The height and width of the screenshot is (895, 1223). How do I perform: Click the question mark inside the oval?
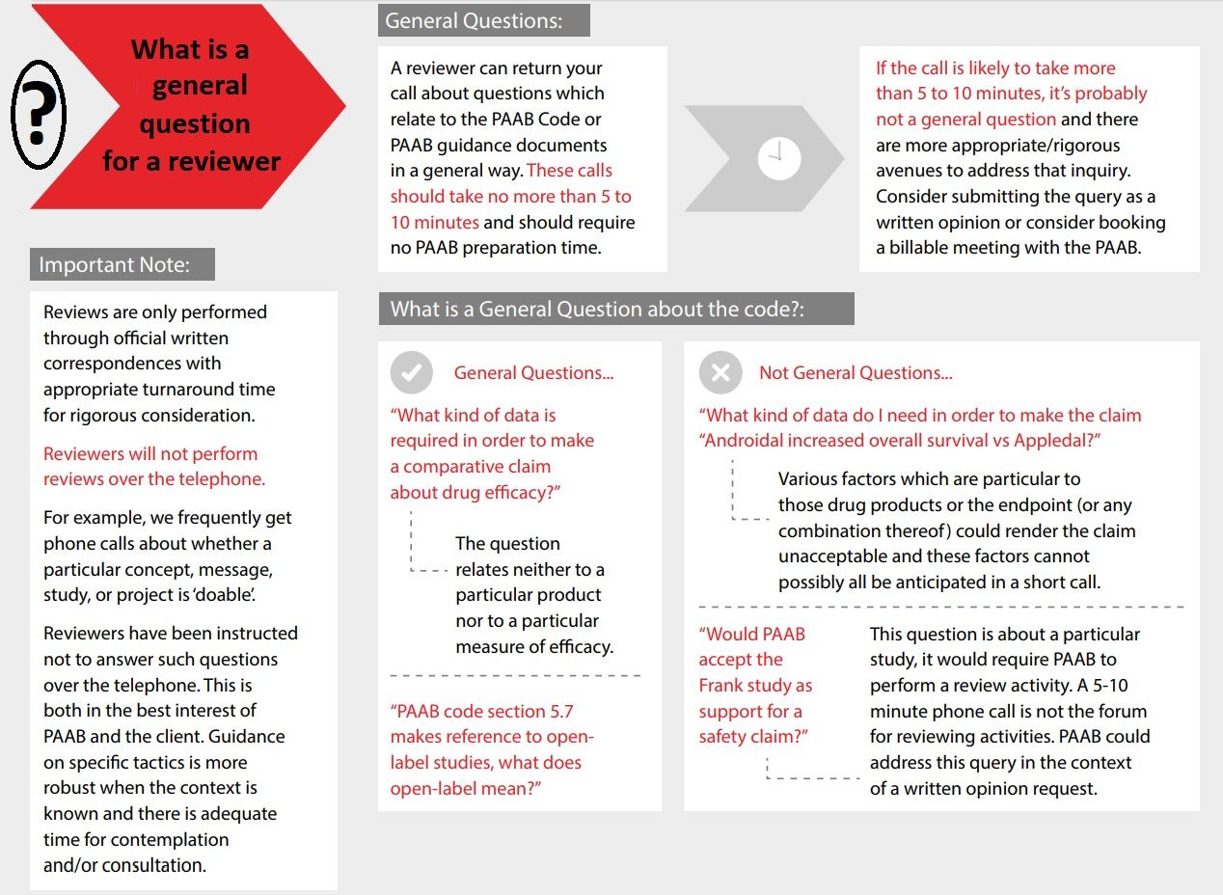coord(38,114)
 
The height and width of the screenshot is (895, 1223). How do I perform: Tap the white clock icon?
coord(779,157)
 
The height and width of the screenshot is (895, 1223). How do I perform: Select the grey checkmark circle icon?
coord(412,372)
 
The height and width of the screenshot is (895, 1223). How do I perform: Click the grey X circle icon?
coord(720,372)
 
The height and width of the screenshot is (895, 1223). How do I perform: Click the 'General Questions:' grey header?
coord(474,20)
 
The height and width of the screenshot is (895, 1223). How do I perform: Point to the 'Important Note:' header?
coord(115,264)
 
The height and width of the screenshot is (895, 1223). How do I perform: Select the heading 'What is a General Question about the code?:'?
coord(597,309)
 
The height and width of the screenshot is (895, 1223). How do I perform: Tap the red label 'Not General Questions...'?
coord(856,373)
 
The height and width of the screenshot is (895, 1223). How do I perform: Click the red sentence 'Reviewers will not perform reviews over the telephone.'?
coord(153,466)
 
